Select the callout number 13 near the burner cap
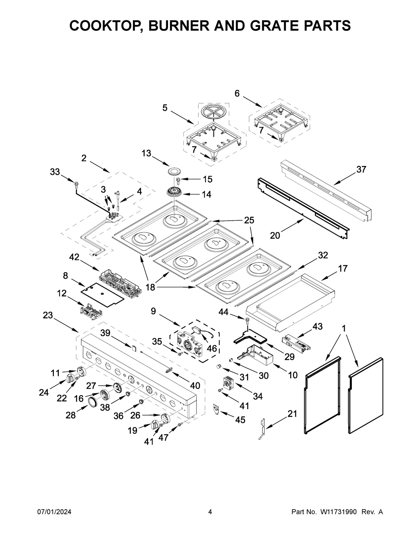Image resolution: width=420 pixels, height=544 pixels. click(x=146, y=153)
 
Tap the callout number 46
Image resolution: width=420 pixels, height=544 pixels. click(x=212, y=349)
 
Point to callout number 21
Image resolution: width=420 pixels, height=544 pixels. click(x=292, y=414)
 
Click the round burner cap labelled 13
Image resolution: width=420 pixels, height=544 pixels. click(x=173, y=171)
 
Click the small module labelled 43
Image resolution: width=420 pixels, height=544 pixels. click(x=296, y=342)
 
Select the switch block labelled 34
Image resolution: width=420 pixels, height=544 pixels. click(x=229, y=383)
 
